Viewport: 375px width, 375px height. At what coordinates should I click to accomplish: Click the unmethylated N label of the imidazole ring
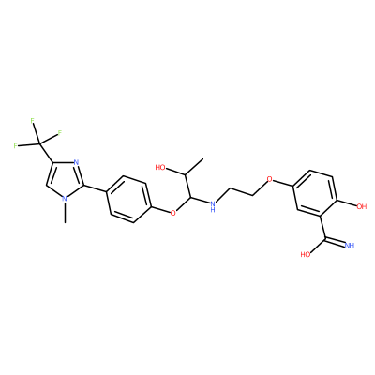point(77,162)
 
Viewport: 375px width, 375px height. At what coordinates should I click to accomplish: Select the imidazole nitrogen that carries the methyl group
point(66,198)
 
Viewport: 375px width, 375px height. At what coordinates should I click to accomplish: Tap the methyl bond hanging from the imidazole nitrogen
point(65,213)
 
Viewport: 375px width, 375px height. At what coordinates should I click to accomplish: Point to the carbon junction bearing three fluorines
point(40,144)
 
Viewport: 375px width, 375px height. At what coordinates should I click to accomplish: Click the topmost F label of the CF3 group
point(33,120)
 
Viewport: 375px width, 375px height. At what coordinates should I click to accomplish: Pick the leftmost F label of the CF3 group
point(15,145)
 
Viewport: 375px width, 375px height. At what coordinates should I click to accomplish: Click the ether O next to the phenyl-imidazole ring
point(172,213)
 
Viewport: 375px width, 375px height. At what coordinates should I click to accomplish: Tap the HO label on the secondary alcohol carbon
point(160,168)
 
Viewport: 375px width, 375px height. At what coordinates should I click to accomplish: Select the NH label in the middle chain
point(213,206)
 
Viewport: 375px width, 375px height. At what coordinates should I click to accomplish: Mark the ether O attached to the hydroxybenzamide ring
point(270,179)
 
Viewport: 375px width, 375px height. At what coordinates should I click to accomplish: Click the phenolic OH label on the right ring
point(361,206)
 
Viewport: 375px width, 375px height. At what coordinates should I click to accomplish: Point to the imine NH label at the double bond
point(350,245)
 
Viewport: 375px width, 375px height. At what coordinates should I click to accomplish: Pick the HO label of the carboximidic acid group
point(306,254)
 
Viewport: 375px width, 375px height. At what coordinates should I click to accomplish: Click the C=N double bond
point(335,241)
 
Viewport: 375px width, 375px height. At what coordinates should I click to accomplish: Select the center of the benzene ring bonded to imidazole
point(127,199)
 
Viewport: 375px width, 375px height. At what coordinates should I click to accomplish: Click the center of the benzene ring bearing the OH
point(315,193)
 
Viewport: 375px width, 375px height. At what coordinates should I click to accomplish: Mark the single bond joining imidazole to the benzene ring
point(96,188)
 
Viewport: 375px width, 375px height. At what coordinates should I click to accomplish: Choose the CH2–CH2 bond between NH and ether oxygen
point(241,192)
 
